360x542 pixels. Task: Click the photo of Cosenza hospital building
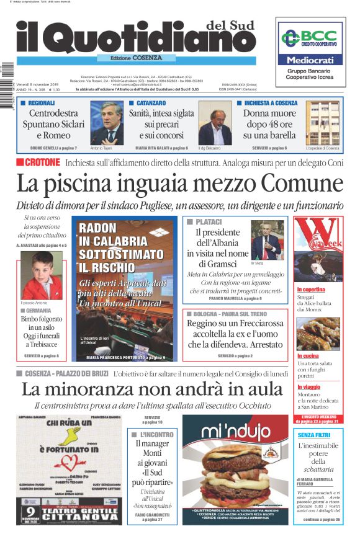pyautogui.click(x=322, y=123)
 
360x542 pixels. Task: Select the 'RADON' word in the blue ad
pyautogui.click(x=99, y=228)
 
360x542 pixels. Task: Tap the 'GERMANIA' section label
pyautogui.click(x=41, y=310)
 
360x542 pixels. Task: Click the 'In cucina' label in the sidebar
pyautogui.click(x=309, y=356)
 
